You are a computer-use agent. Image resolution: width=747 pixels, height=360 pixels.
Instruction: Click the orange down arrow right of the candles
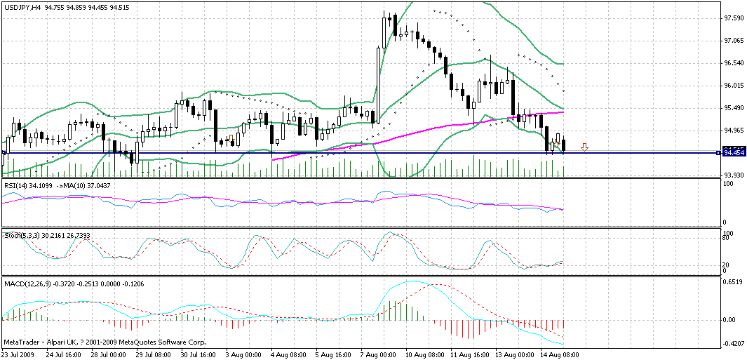point(584,147)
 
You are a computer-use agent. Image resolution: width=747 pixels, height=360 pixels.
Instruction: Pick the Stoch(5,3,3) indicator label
point(20,234)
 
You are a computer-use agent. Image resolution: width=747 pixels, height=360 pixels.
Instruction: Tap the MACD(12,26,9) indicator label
point(26,283)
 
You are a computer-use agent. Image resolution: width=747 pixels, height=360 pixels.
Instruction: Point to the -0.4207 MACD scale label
point(734,344)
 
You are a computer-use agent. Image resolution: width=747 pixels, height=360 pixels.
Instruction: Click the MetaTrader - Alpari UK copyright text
point(105,342)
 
